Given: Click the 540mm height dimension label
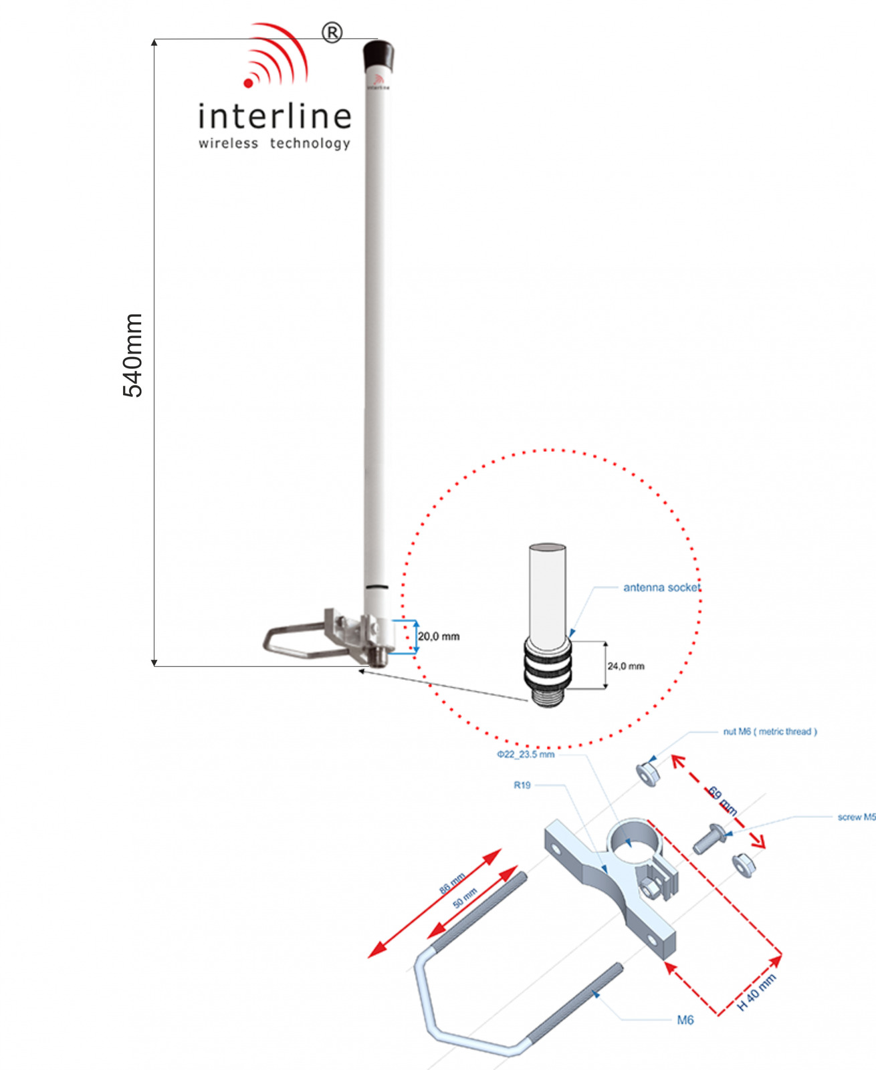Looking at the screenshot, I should (132, 355).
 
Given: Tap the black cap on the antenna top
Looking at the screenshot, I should (378, 56).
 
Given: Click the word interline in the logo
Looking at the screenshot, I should (274, 116).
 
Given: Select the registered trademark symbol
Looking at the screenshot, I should (332, 32).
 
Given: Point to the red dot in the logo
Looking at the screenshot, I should (249, 83).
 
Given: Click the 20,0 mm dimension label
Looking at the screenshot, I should (439, 636).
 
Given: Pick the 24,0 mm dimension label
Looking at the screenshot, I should (626, 666).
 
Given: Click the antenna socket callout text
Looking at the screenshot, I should (661, 587).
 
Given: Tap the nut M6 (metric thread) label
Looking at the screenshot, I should (770, 732).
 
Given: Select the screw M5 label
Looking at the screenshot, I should (856, 817).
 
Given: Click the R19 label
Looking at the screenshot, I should (522, 785).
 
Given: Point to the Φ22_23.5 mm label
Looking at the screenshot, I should (526, 755).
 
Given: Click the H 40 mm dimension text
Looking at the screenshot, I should (756, 992).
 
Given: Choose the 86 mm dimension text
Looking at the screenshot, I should (452, 884).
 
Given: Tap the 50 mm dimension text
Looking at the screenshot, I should (465, 898).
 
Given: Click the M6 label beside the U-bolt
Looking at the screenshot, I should (685, 1020).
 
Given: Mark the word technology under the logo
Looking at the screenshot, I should (310, 143).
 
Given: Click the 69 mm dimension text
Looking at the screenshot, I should (723, 801).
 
